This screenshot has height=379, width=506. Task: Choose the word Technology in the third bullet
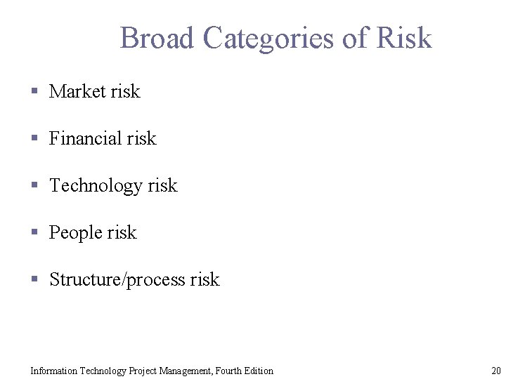pyautogui.click(x=96, y=185)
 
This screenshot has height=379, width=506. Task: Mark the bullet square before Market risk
pyautogui.click(x=34, y=91)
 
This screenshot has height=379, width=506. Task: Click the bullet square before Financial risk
pyautogui.click(x=34, y=138)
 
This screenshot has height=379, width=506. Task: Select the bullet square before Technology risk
pyautogui.click(x=34, y=185)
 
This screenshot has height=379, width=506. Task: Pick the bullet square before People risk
pyautogui.click(x=34, y=232)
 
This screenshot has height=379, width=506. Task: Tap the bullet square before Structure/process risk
pyautogui.click(x=34, y=279)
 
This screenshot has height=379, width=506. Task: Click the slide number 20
pyautogui.click(x=495, y=371)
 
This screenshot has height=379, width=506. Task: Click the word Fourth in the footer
pyautogui.click(x=231, y=371)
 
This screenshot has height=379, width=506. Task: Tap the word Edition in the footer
pyautogui.click(x=260, y=371)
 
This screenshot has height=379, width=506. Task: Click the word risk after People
pyautogui.click(x=122, y=232)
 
